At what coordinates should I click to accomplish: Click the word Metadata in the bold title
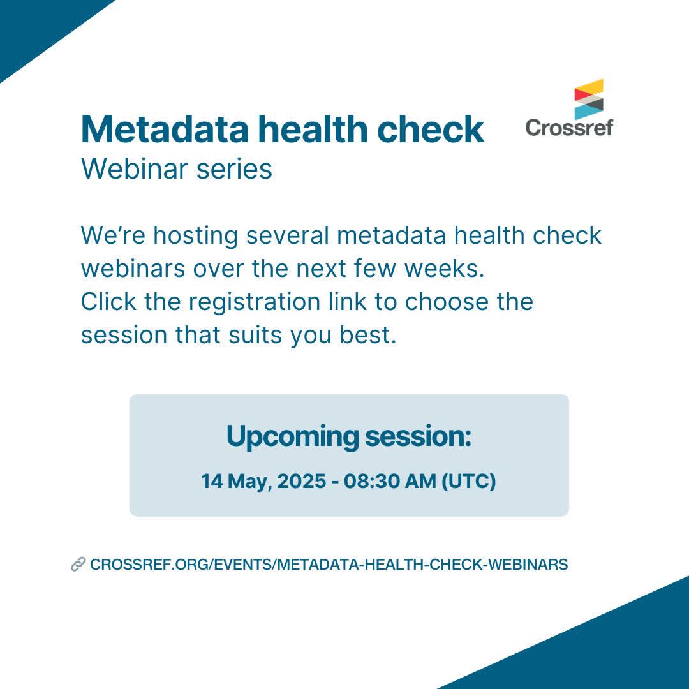coord(165,129)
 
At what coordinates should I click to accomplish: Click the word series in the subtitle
coord(234,170)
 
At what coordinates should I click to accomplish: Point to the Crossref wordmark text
coord(569,128)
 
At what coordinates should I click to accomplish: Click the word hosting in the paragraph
coord(196,236)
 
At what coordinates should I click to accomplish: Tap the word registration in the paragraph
coord(255,303)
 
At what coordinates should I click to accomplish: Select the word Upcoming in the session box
coord(293,437)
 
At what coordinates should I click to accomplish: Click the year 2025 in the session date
coord(302,481)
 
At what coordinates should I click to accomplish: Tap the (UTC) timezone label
coord(468,481)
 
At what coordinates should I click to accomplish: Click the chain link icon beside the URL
coord(78,564)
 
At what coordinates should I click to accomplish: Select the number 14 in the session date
coord(212,481)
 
